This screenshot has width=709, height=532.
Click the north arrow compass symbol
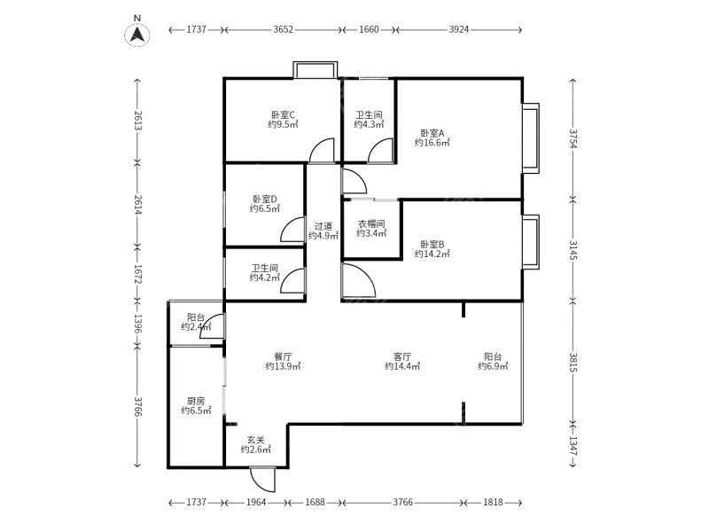pos(136,34)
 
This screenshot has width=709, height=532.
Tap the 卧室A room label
pos(432,133)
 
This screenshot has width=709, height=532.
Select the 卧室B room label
pos(432,244)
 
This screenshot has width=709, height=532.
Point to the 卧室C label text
pos(283,114)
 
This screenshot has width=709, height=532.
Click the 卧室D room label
pos(264,199)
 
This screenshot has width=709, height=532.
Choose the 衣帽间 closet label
pos(370,224)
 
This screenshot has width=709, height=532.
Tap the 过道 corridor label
pos(323,226)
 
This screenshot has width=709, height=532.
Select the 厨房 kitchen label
pos(196,401)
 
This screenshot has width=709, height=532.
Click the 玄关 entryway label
pos(256,439)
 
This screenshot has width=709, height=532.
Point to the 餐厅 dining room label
pos(283,356)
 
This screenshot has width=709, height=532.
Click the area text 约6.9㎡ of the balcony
pos(493,366)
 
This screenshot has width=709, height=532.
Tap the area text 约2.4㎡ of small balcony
pos(196,327)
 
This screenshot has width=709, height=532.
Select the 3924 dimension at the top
pos(458,29)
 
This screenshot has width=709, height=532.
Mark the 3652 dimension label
pos(283,29)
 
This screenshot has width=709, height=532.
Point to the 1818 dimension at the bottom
pos(493,503)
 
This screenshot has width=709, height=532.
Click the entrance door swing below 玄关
pos(262,479)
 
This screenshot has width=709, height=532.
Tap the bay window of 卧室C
pos(316,69)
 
